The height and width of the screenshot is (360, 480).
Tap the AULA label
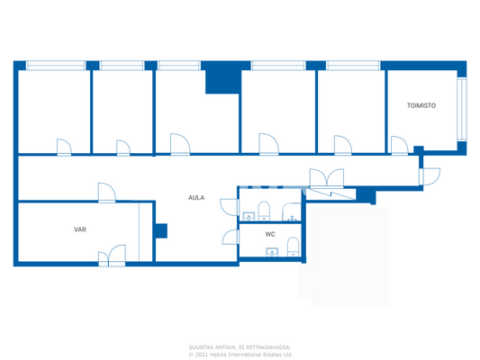195,197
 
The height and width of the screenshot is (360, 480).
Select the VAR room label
80,229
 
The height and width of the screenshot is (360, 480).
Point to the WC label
270,234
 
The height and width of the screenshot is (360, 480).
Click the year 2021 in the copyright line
203,354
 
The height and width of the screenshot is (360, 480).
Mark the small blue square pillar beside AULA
160,230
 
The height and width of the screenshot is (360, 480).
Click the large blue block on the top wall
221,79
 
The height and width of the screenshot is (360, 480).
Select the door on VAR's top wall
106,193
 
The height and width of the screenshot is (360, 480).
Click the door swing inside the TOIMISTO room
398,145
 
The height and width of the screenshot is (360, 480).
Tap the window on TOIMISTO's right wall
462,108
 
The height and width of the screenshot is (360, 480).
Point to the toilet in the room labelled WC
293,247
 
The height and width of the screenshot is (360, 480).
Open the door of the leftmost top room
63,147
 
